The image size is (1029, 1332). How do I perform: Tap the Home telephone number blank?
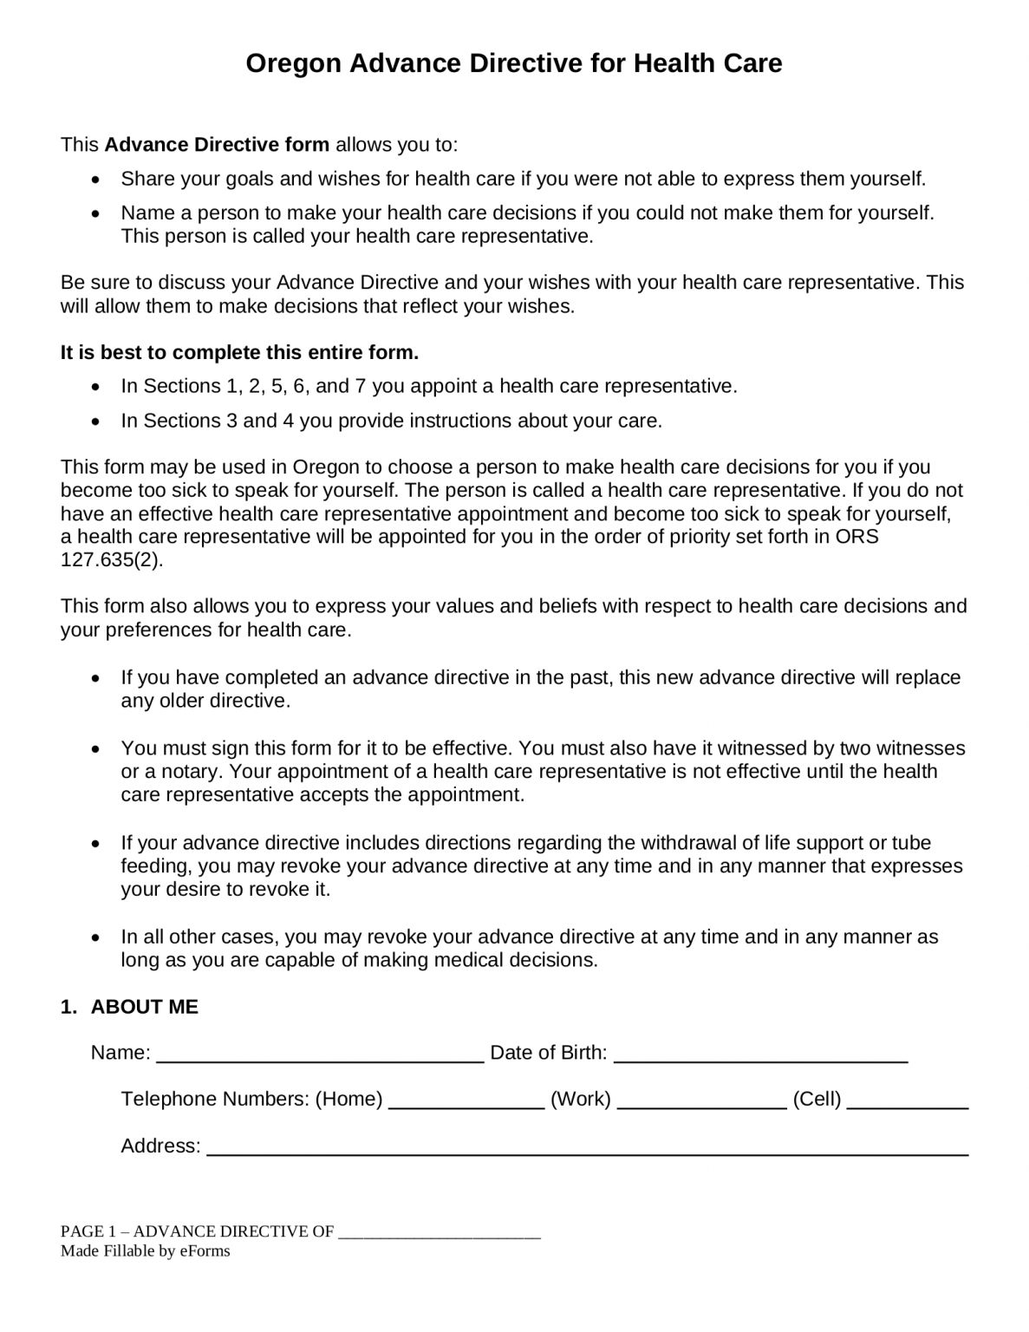pos(466,1101)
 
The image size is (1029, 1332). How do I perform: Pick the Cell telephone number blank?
pos(907,1101)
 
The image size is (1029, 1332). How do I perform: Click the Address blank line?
pos(587,1148)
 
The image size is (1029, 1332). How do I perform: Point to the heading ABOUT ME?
pos(144,1007)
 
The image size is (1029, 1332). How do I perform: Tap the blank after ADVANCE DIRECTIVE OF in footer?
pos(439,1232)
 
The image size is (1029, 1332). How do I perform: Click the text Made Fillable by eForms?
pos(145,1250)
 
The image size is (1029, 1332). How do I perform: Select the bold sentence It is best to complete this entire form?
pos(239,352)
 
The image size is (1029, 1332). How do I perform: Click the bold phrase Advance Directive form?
pos(217,144)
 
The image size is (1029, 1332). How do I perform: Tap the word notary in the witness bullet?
pos(194,772)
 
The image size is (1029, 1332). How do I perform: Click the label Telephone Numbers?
pos(214,1100)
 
